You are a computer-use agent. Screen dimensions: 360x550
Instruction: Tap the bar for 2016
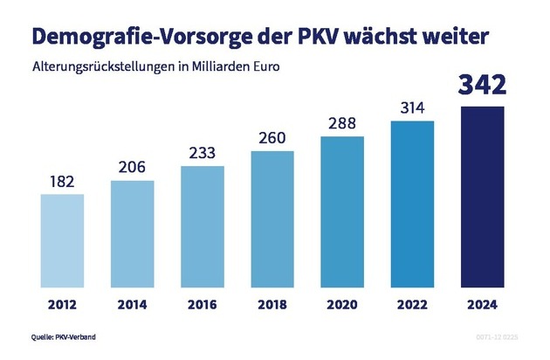[202, 223]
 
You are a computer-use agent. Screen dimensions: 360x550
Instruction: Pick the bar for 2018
[272, 215]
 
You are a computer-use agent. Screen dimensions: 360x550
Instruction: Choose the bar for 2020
[342, 208]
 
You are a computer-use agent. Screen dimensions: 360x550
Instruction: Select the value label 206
[133, 168]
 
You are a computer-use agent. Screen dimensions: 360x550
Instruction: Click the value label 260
[272, 138]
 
